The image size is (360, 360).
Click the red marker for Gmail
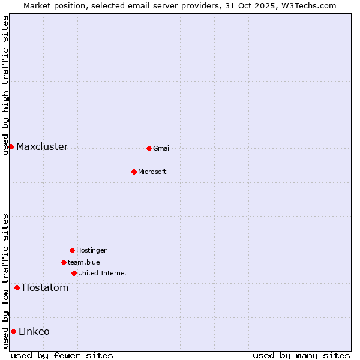pyautogui.click(x=149, y=148)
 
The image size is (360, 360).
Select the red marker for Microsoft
pyautogui.click(x=134, y=172)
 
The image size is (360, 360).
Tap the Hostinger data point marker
pyautogui.click(x=72, y=250)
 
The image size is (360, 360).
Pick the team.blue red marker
pyautogui.click(x=64, y=262)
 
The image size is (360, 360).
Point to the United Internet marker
pyautogui.click(x=74, y=273)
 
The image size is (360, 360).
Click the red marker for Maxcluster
pyautogui.click(x=11, y=146)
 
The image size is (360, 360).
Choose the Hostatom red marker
pyautogui.click(x=17, y=287)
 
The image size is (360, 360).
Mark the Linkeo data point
pyautogui.click(x=13, y=331)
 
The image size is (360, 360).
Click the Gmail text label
pyautogui.click(x=162, y=149)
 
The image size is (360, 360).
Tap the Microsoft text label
pyautogui.click(x=152, y=172)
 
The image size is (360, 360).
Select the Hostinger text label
pyautogui.click(x=91, y=251)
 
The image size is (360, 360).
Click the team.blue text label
pyautogui.click(x=84, y=263)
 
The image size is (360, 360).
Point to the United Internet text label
pyautogui.click(x=103, y=274)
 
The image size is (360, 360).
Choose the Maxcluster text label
pyautogui.click(x=42, y=147)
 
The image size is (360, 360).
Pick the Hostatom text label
pyautogui.click(x=46, y=288)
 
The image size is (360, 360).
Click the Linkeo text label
pyautogui.click(x=34, y=332)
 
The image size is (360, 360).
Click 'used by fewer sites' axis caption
pyautogui.click(x=62, y=355)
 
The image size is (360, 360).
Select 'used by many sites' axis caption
pyautogui.click(x=301, y=355)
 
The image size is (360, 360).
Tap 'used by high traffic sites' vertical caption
pyautogui.click(x=5, y=85)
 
